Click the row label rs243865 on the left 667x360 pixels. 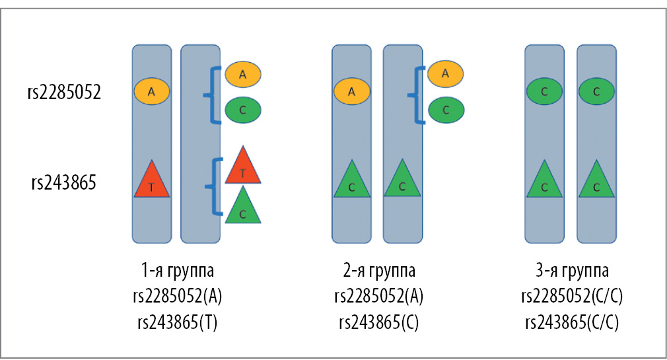pyautogui.click(x=64, y=181)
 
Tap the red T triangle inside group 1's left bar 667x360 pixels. pyautogui.click(x=152, y=182)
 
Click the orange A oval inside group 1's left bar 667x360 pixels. pyautogui.click(x=152, y=92)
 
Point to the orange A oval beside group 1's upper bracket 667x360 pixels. pyautogui.click(x=243, y=75)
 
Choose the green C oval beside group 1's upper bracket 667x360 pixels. pyautogui.click(x=243, y=110)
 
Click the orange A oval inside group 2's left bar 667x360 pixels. pyautogui.click(x=351, y=92)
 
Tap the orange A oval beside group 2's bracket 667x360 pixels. pyautogui.click(x=445, y=74)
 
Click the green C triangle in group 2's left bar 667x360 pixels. pyautogui.click(x=351, y=182)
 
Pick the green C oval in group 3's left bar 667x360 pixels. pyautogui.click(x=544, y=92)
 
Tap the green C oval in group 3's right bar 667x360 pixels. pyautogui.click(x=596, y=92)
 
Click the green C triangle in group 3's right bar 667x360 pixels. pyautogui.click(x=596, y=182)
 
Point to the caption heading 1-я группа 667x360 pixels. pyautogui.click(x=178, y=271)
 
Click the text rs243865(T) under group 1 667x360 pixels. pyautogui.click(x=178, y=322)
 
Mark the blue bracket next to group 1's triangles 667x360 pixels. pyautogui.click(x=215, y=187)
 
